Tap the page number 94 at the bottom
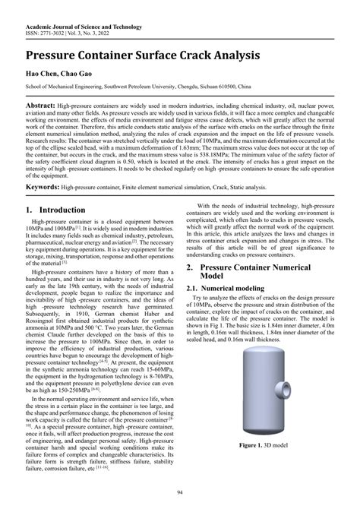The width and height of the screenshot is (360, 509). pyautogui.click(x=179, y=494)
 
